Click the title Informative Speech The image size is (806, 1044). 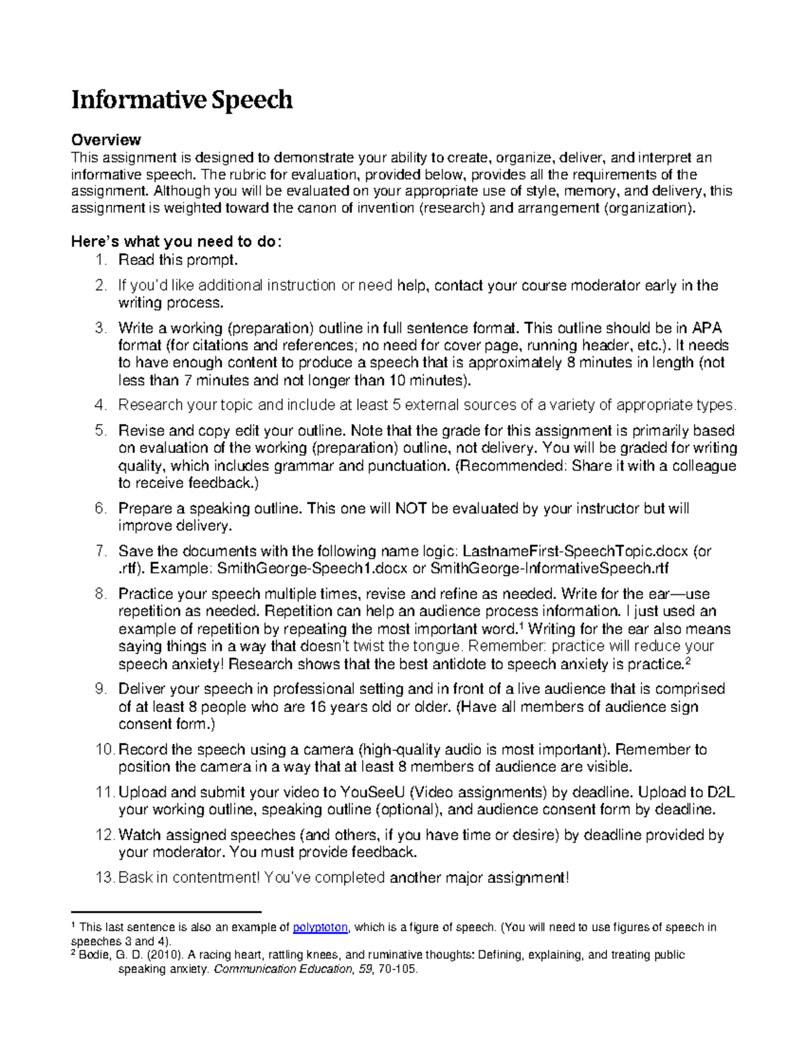coord(182,99)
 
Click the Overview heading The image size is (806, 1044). coord(106,140)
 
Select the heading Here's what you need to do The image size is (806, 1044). coord(177,242)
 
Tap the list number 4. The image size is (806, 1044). coord(100,405)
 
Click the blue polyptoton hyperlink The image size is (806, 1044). coord(320,928)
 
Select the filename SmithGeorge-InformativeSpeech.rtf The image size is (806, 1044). coord(549,569)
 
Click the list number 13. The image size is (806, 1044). coord(104,878)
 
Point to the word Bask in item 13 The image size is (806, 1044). coord(134,878)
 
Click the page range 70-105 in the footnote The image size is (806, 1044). coord(399,969)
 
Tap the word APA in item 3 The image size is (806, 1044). coord(707,328)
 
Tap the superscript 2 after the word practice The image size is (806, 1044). coord(687,661)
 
